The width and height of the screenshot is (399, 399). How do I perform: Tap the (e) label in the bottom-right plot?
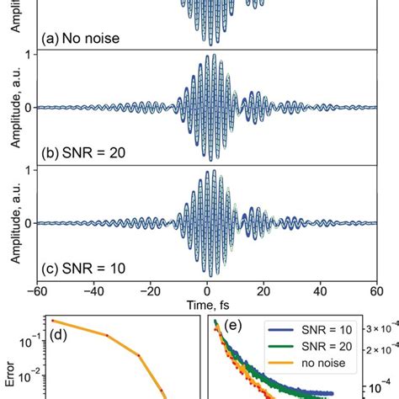click(226, 329)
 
